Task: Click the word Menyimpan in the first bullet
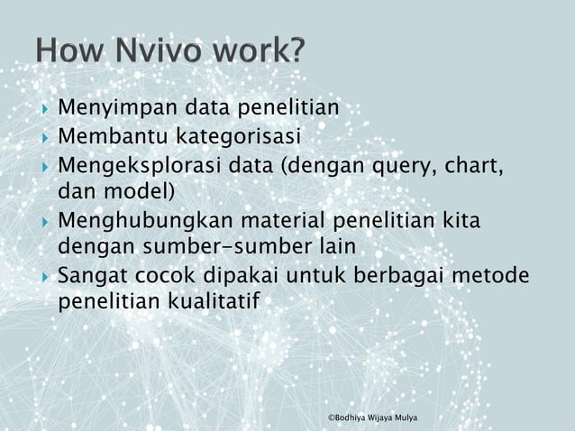coord(119,109)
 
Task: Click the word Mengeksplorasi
coord(140,167)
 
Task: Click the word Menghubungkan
coord(146,221)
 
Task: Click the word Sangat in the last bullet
coord(91,275)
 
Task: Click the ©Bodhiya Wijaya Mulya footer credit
coord(379,418)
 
